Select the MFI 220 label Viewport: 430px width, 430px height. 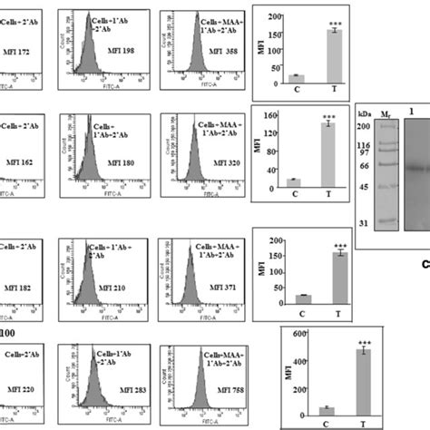coord(19,391)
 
